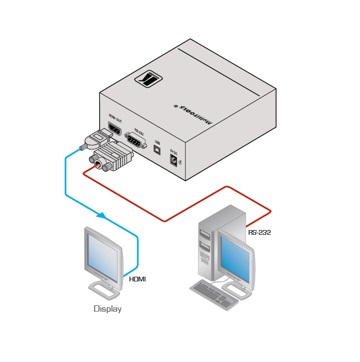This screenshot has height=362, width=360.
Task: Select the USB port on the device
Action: (157, 149)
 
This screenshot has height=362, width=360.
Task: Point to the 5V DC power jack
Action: (173, 158)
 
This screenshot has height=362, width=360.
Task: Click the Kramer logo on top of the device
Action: (148, 79)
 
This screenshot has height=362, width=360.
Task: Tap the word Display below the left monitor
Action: (107, 308)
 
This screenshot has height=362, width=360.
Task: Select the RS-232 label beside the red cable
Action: (259, 232)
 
